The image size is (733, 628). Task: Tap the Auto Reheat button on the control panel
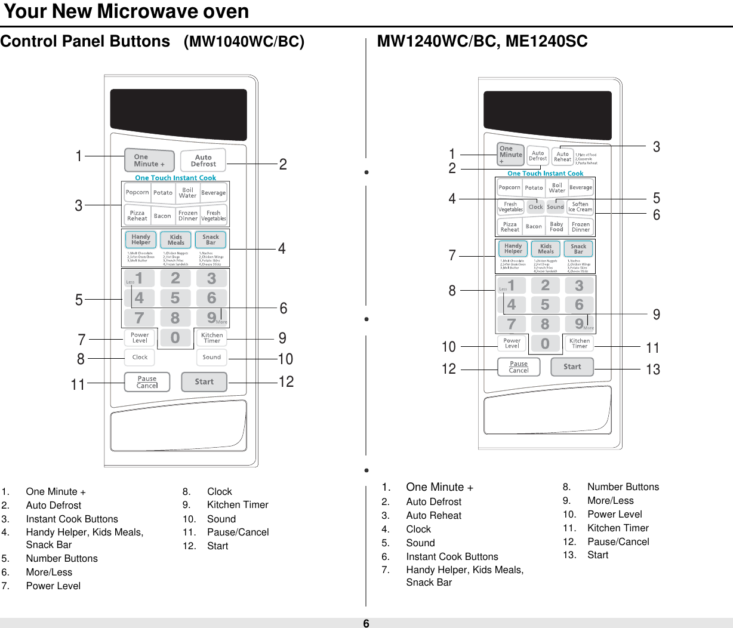tap(562, 156)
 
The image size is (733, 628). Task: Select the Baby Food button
tap(556, 227)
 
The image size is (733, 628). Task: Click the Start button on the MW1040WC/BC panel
tap(204, 382)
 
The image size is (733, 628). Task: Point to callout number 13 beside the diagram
tap(653, 370)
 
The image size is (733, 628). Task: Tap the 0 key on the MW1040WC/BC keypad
tap(175, 338)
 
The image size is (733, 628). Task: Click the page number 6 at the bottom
tap(366, 623)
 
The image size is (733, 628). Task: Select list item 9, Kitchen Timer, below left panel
tap(238, 505)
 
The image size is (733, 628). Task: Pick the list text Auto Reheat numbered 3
tap(433, 516)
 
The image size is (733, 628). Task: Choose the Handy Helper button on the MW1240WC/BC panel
tap(513, 248)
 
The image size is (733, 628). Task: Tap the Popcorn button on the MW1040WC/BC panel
tap(137, 193)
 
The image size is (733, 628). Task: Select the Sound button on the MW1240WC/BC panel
tap(555, 207)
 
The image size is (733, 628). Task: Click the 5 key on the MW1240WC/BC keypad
tap(545, 305)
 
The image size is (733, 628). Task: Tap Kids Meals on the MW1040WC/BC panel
tap(175, 240)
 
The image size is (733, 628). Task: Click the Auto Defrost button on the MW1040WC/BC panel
tap(203, 161)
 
